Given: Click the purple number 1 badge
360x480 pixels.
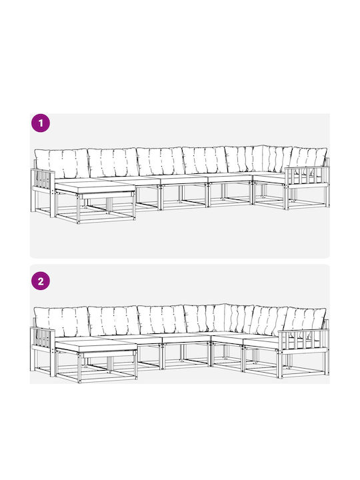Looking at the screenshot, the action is pyautogui.click(x=41, y=123).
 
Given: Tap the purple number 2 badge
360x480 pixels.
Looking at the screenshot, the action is pyautogui.click(x=41, y=281).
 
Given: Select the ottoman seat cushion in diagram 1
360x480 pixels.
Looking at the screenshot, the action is pyautogui.click(x=95, y=187).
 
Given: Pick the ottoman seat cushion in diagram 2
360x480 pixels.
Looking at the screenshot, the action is pyautogui.click(x=96, y=345).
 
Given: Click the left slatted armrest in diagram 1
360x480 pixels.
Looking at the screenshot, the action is pyautogui.click(x=43, y=181).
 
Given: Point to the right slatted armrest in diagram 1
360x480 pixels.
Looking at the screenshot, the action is pyautogui.click(x=307, y=177).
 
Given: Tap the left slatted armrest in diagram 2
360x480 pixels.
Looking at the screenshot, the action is pyautogui.click(x=43, y=339).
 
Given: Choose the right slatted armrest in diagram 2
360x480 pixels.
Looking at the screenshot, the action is pyautogui.click(x=303, y=341).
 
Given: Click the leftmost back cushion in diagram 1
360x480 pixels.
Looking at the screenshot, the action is pyautogui.click(x=62, y=163).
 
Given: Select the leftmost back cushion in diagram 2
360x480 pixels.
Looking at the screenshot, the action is pyautogui.click(x=61, y=321).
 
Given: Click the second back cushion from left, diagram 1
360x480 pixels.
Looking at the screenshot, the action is pyautogui.click(x=113, y=162).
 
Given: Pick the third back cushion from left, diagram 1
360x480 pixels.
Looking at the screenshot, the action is pyautogui.click(x=161, y=161).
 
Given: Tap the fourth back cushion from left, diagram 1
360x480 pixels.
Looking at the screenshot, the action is pyautogui.click(x=205, y=160).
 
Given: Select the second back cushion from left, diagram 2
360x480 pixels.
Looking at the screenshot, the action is pyautogui.click(x=114, y=320).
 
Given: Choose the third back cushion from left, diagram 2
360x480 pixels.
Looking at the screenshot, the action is pyautogui.click(x=162, y=319).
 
